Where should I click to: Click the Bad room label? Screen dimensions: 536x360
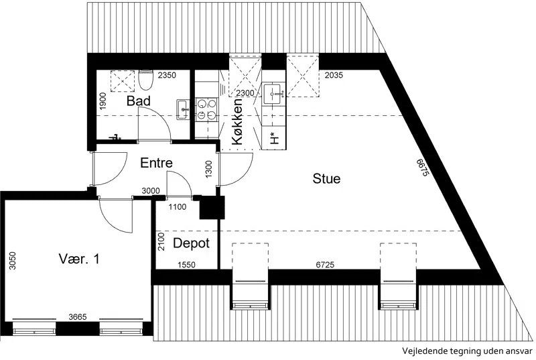(139, 101)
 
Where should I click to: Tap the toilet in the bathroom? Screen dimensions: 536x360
(145, 80)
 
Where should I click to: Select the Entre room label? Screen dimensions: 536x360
(156, 163)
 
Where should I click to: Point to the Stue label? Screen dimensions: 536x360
(326, 178)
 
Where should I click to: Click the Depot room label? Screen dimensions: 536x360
(191, 243)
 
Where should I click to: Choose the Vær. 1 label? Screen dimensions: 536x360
(79, 259)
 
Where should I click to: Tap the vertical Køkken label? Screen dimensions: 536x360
(237, 121)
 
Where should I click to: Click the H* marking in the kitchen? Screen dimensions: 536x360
(274, 138)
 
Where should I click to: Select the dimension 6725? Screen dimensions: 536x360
(325, 264)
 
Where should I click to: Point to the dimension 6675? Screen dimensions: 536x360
(423, 167)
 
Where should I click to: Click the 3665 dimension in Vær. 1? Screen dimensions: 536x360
(78, 317)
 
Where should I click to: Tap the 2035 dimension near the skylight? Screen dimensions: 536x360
(334, 75)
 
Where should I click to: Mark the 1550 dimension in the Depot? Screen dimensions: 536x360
(186, 265)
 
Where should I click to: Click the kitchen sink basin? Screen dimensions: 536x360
(273, 93)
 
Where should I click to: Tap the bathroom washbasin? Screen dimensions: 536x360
(183, 109)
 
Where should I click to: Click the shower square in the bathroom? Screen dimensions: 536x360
(123, 80)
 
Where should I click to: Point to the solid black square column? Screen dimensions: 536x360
(212, 208)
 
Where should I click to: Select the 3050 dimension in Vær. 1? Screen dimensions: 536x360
(12, 261)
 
